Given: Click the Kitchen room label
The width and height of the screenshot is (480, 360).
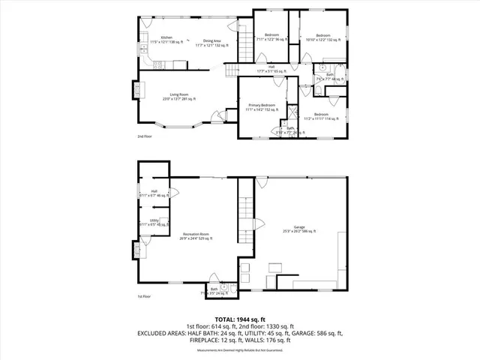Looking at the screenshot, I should tap(166, 37).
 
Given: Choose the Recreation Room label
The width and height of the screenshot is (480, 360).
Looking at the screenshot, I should tap(197, 235).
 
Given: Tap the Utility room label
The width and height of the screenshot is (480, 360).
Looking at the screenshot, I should tap(154, 220).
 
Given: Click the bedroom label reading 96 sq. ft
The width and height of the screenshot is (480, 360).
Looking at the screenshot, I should tap(271, 35).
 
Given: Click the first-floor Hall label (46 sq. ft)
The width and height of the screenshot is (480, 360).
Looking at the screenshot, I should tap(154, 192).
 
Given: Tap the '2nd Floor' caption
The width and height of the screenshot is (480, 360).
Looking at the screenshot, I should tap(144, 137).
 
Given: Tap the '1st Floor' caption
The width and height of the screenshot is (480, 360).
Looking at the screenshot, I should tap(144, 297).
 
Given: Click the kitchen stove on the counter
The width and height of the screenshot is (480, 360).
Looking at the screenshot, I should tap(142, 48).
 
